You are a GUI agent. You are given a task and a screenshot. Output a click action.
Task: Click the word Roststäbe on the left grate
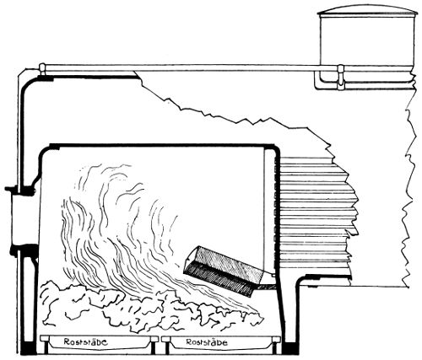[x=85, y=342]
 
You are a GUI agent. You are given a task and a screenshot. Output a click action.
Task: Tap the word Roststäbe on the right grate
[x=207, y=342]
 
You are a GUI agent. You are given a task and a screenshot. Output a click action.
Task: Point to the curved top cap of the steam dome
[x=368, y=10]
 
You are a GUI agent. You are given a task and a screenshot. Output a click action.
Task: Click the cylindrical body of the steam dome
[x=368, y=40]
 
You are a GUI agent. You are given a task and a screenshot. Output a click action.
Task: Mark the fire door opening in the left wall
[x=25, y=218]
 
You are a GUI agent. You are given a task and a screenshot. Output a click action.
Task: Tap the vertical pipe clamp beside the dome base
[x=341, y=77]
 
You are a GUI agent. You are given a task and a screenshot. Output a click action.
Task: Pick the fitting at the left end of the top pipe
[x=42, y=69]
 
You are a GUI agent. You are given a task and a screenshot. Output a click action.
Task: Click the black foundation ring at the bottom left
[x=29, y=348]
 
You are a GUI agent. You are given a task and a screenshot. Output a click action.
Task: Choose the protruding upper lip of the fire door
[x=20, y=190]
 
